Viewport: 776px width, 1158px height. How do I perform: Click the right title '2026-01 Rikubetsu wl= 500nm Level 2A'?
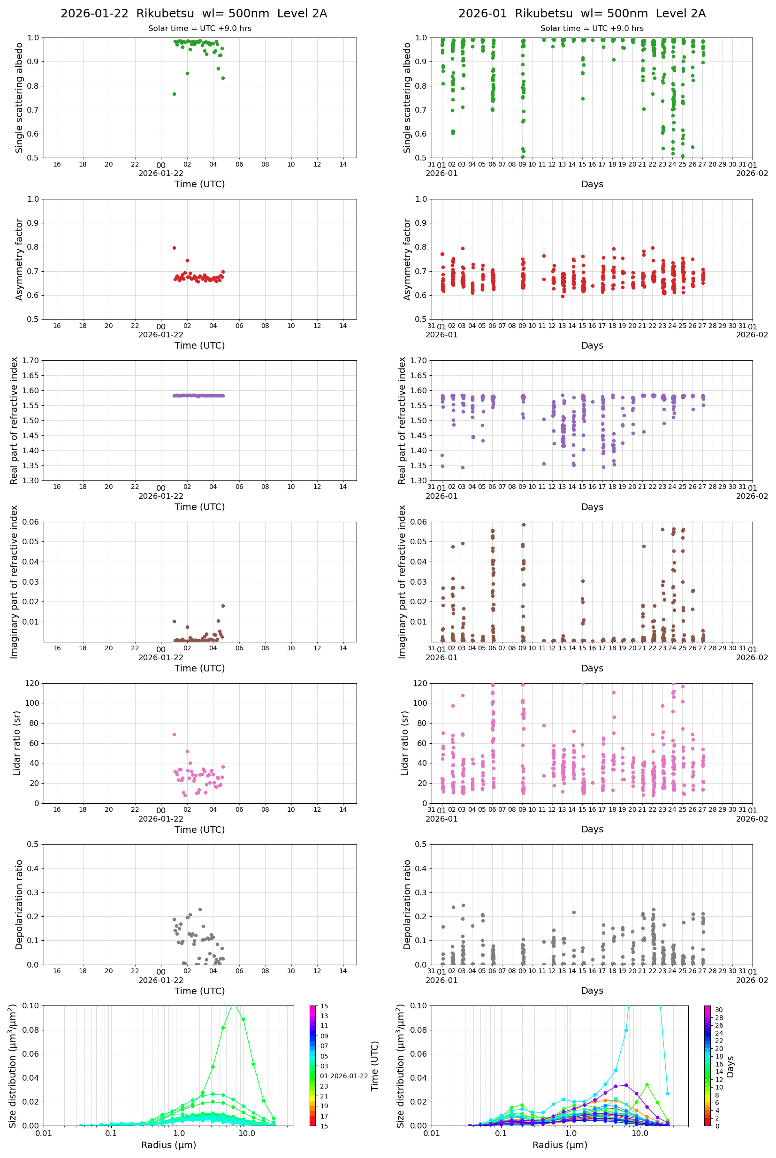coord(581,13)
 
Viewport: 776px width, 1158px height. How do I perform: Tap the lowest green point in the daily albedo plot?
coord(174,94)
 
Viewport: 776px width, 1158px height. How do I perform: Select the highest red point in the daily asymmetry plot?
coord(174,248)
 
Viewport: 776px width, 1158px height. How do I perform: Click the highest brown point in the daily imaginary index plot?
coord(223,606)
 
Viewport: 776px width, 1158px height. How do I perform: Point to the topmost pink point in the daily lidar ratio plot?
coord(174,734)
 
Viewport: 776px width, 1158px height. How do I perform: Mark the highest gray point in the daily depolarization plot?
coord(200,910)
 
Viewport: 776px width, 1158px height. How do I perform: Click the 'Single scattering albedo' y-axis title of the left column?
coord(19,98)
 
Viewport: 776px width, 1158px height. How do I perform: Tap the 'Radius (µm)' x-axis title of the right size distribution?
coord(560,1145)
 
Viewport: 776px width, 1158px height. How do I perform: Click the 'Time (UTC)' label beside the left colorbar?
coord(375,1066)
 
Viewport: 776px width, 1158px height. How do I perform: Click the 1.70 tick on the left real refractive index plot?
coord(33,361)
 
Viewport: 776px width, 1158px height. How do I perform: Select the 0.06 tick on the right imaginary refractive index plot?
coord(420,522)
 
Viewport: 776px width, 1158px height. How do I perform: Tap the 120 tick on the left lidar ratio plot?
coord(32,684)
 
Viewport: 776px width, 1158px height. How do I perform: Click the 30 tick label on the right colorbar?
coord(718,1010)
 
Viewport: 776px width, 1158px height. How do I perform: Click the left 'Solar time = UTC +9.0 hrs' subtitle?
coord(199,28)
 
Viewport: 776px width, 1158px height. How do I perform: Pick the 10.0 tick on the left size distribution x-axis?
coord(246,1133)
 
